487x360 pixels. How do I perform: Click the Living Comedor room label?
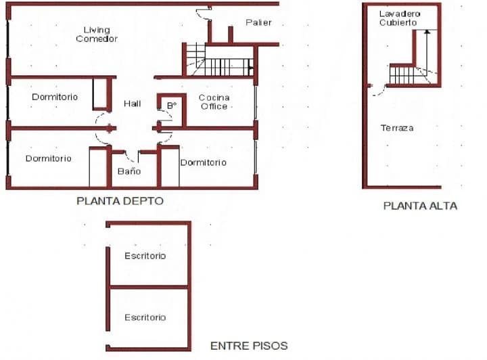click(x=97, y=35)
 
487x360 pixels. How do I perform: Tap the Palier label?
click(x=258, y=22)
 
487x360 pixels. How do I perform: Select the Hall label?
click(x=133, y=104)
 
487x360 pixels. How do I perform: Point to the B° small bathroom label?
click(x=172, y=106)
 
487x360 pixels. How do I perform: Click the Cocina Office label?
click(x=214, y=102)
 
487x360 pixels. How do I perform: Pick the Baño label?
click(x=129, y=171)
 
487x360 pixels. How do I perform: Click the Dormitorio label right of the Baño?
click(x=204, y=162)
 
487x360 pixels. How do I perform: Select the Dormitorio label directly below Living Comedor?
click(x=55, y=97)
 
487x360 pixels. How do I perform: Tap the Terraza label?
click(x=397, y=128)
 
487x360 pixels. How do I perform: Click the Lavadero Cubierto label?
click(x=400, y=18)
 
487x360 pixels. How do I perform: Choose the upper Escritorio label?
click(x=145, y=256)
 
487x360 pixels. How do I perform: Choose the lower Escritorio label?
click(x=145, y=317)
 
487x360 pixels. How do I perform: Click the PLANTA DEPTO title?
click(x=120, y=201)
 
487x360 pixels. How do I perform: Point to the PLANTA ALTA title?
click(x=420, y=206)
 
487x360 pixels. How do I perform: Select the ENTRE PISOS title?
click(x=249, y=346)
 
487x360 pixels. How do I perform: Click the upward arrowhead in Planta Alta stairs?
click(x=427, y=31)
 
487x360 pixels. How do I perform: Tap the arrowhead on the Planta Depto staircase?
click(x=251, y=68)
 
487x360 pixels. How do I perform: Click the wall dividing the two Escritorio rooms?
click(x=149, y=287)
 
